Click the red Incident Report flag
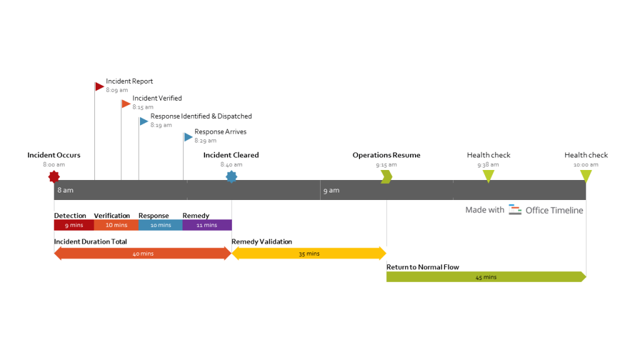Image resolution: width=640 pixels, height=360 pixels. point(99,86)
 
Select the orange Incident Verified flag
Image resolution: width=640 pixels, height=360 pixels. point(126,103)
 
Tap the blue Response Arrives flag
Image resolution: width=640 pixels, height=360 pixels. point(188,137)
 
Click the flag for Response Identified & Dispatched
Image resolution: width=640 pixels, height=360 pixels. point(144,121)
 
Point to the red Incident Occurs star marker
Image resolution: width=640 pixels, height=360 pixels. point(54,177)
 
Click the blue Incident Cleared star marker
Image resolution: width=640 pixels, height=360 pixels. point(231,177)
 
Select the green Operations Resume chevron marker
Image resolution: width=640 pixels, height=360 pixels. point(387,177)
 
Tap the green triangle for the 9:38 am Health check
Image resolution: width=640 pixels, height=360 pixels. point(489,176)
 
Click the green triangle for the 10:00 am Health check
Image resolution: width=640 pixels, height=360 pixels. point(586,176)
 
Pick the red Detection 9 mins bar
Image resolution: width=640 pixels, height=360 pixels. point(74,225)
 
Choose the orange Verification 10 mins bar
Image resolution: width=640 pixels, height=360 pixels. point(116,225)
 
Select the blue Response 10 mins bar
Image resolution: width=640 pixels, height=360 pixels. point(161,225)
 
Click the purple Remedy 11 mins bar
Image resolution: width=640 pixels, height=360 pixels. point(207,225)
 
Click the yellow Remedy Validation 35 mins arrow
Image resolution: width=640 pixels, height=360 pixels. point(309,253)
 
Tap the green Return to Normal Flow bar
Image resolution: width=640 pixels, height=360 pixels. point(486,277)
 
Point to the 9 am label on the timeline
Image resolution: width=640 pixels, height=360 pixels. point(331,190)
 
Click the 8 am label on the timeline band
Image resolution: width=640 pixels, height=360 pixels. point(65,190)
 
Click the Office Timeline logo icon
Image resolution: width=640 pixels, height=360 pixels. point(515,210)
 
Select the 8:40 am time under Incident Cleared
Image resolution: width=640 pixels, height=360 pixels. point(231,165)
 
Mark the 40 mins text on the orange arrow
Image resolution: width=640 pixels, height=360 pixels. point(143,254)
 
